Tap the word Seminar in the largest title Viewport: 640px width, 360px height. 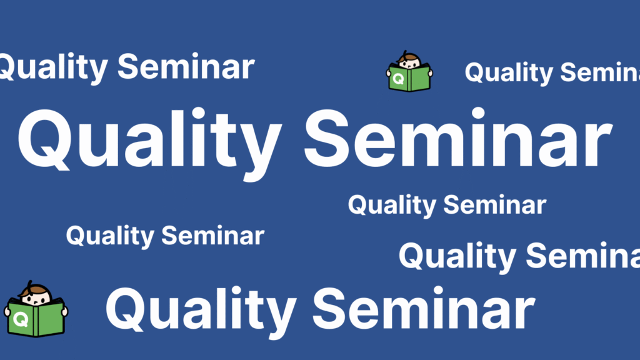pos(458,137)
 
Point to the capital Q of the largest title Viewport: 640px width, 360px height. pos(45,139)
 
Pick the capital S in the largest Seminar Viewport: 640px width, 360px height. pos(326,139)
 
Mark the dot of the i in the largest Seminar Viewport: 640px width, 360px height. pos(478,113)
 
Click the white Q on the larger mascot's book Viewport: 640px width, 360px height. pos(21,319)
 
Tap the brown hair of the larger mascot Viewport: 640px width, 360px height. pos(35,289)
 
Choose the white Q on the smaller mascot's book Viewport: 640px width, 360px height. pos(399,78)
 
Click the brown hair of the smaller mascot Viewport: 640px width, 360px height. pos(409,57)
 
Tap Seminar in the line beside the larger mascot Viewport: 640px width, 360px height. pos(424,307)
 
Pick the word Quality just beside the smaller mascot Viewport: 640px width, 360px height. pos(509,72)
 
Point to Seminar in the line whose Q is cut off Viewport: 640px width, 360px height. pos(186,66)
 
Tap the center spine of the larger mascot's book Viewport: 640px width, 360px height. pos(36,320)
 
